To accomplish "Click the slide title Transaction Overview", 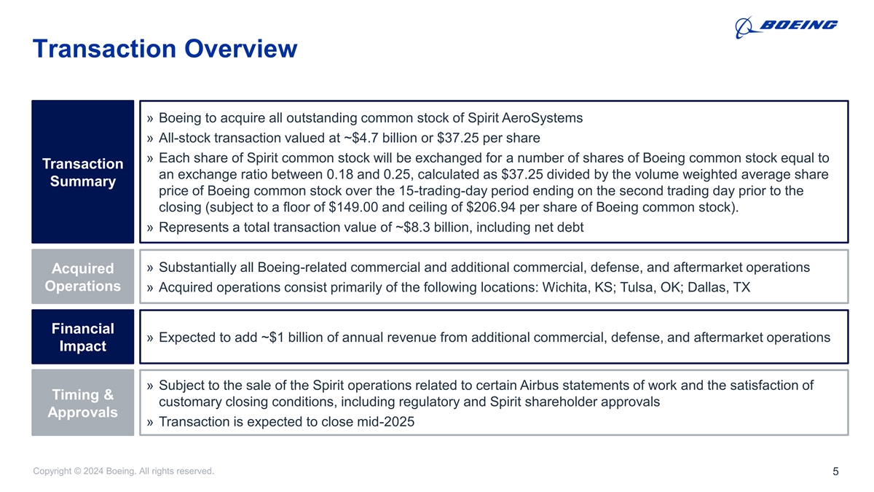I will point(165,49).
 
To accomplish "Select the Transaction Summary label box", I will point(82,172).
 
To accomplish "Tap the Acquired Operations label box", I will point(82,277).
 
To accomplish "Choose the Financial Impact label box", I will point(82,337).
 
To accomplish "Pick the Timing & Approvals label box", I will point(82,403).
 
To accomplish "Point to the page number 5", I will point(835,472).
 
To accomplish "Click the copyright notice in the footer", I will point(124,472).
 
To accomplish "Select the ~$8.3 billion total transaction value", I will point(432,227).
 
